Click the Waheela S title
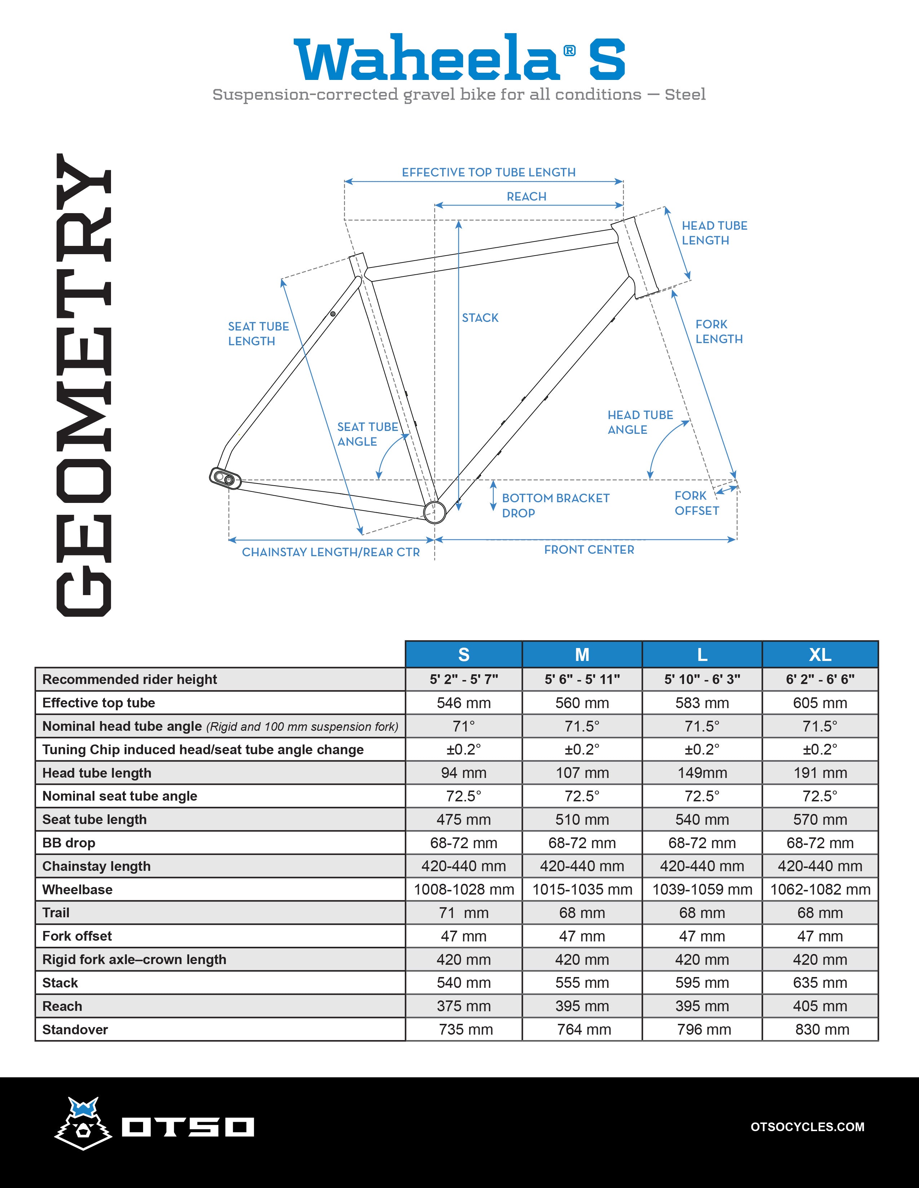coord(459,59)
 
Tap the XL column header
coord(820,654)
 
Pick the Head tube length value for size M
coord(582,773)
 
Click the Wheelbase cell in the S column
coord(464,889)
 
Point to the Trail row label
coord(56,913)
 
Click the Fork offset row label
coord(77,936)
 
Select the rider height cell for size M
coord(582,679)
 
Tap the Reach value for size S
coord(464,1006)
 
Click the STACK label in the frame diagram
coord(480,318)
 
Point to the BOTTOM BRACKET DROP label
coord(555,505)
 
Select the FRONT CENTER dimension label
coord(589,550)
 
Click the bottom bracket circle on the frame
coord(435,511)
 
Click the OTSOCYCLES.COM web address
coord(807,1126)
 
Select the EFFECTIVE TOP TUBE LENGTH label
coord(488,172)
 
